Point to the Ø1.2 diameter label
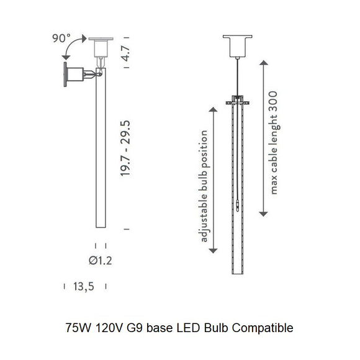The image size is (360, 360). point(100,260)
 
